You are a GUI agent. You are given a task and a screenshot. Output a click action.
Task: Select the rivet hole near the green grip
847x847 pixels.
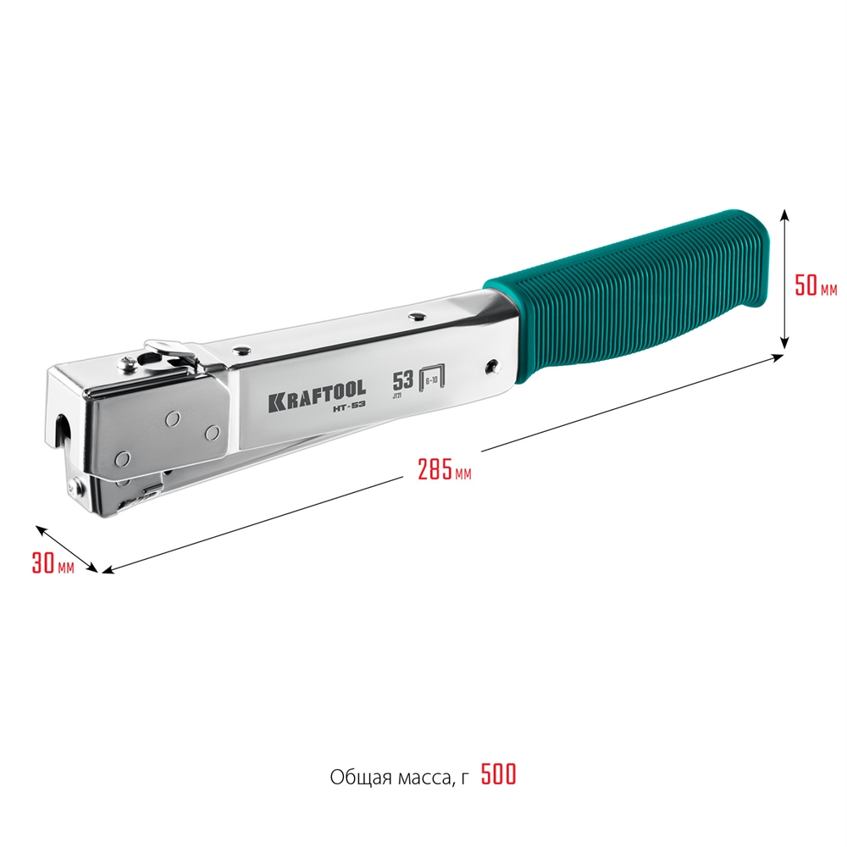coord(491,366)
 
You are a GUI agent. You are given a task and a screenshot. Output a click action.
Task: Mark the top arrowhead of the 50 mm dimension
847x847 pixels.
coord(786,213)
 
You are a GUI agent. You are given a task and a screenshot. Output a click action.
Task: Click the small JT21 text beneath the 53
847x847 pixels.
coord(397,395)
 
